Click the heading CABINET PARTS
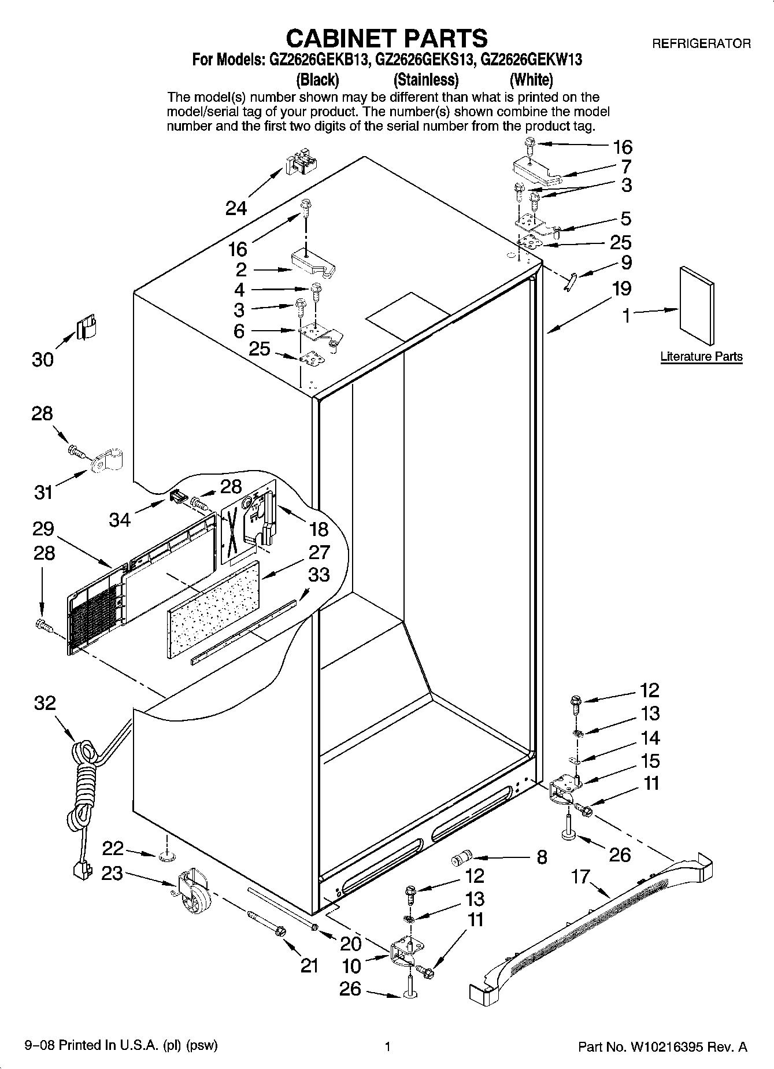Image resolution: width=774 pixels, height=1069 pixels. pyautogui.click(x=387, y=38)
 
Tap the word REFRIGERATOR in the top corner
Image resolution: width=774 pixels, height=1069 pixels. pyautogui.click(x=701, y=44)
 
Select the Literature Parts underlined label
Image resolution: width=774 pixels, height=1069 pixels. pyautogui.click(x=701, y=357)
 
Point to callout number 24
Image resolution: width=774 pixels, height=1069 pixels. pyautogui.click(x=236, y=208)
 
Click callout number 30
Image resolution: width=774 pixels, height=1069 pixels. pyautogui.click(x=43, y=360)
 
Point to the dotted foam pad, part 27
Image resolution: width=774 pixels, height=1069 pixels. pyautogui.click(x=213, y=607)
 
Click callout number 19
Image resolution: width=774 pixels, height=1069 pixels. pyautogui.click(x=622, y=288)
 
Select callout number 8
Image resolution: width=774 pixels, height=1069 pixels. pyautogui.click(x=542, y=857)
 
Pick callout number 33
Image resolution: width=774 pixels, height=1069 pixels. pyautogui.click(x=319, y=575)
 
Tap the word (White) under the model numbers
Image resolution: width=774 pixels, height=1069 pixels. pyautogui.click(x=531, y=80)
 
